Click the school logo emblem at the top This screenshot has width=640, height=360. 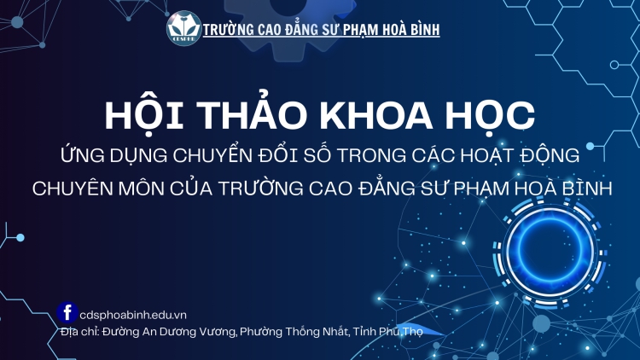(184, 27)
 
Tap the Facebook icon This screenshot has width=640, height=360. (66, 312)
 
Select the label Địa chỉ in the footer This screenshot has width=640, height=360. (80, 330)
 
